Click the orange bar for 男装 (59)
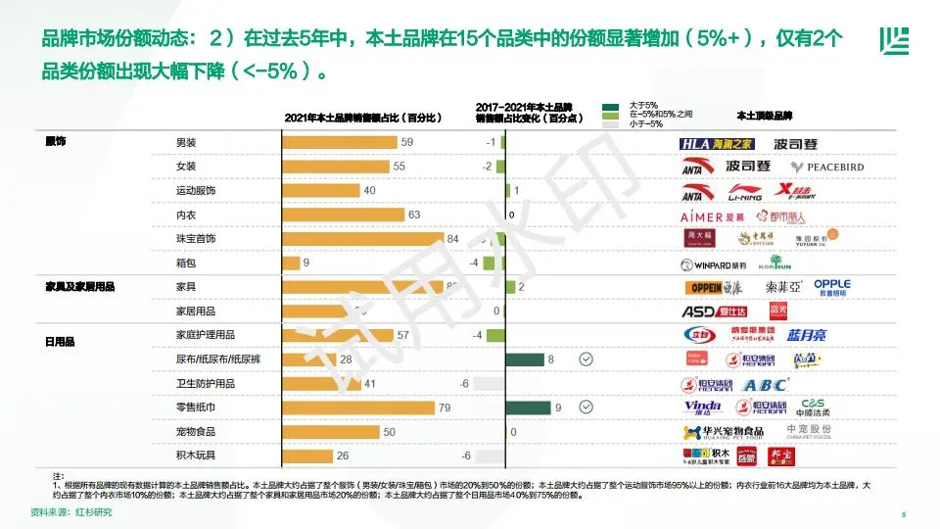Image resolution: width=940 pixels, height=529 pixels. click(x=339, y=143)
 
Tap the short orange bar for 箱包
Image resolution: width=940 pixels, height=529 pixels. click(x=291, y=263)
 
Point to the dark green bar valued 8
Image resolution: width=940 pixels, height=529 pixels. click(x=524, y=360)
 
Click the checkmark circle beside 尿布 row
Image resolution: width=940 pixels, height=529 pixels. click(x=586, y=360)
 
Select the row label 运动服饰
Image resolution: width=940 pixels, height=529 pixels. click(x=195, y=191)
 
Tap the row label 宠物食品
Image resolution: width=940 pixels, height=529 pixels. click(x=195, y=432)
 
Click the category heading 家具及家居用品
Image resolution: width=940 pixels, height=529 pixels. click(x=80, y=287)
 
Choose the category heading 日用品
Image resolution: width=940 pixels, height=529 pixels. click(x=60, y=342)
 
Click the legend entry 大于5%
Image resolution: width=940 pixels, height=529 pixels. click(x=642, y=105)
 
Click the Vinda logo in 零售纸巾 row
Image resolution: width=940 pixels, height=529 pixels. click(x=702, y=408)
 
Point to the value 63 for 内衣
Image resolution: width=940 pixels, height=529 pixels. click(x=414, y=215)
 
